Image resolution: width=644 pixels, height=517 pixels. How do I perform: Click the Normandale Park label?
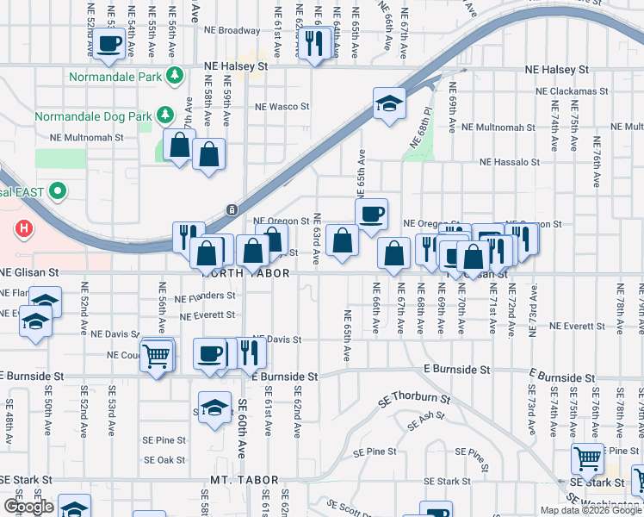(116, 76)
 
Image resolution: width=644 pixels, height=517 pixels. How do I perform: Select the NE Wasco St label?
(282, 107)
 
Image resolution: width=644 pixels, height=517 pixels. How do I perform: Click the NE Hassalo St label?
(509, 161)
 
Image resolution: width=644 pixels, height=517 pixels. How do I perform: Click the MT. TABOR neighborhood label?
(245, 480)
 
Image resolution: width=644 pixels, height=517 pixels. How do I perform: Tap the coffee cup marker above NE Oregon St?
(371, 214)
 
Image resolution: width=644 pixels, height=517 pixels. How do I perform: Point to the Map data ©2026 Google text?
(590, 510)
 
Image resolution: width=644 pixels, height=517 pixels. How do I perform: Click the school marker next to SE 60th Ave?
(214, 408)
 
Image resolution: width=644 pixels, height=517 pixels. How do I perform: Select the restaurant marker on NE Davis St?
(249, 352)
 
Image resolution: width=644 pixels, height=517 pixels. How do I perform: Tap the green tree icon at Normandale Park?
(175, 76)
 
